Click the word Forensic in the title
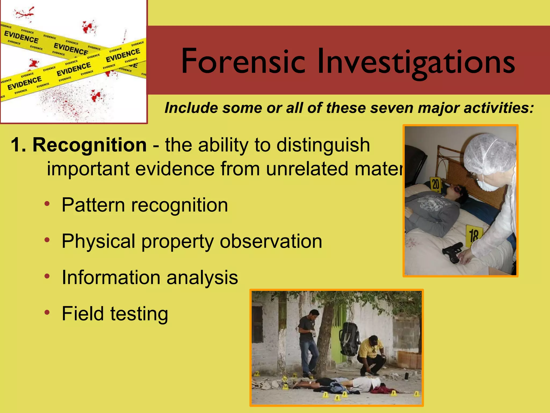243,61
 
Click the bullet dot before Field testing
47,312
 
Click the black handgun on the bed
452,252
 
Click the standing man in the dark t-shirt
308,341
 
